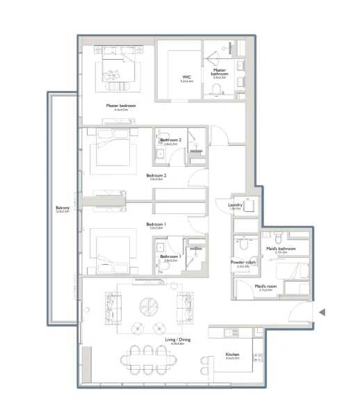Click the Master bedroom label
(121, 106)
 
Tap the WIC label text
(186, 77)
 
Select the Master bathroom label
(220, 70)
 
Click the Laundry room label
(234, 205)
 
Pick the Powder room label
(243, 262)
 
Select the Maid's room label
(263, 286)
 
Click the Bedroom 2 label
(156, 176)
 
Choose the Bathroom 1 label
(170, 256)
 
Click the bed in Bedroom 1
(111, 250)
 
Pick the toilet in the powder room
(243, 245)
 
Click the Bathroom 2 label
(170, 140)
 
